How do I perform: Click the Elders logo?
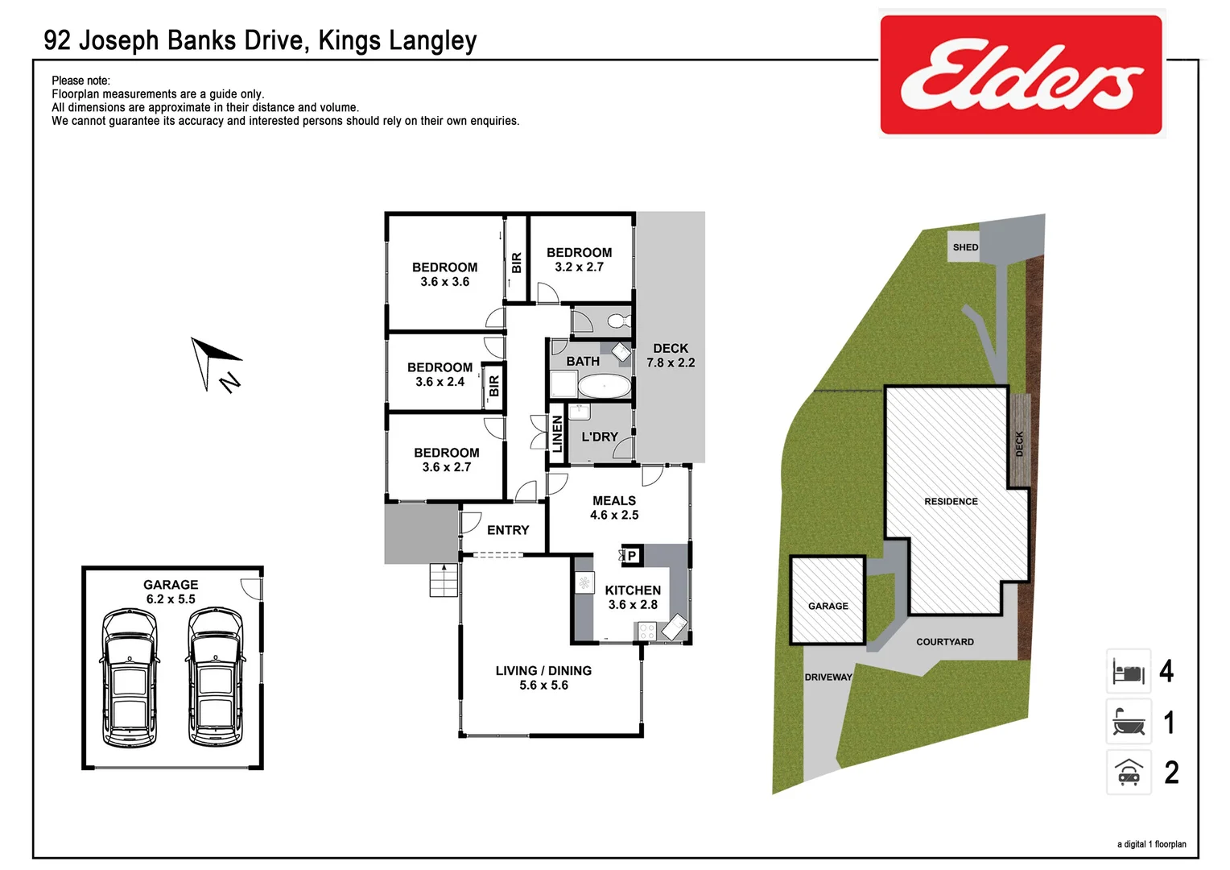coord(1021,74)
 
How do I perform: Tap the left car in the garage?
coord(130,677)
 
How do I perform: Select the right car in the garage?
coord(215,677)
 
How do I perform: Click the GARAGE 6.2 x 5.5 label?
coord(171,592)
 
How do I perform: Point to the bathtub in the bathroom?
coord(605,386)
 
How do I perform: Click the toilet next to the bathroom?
coord(618,321)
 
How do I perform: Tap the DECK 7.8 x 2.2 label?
coord(671,355)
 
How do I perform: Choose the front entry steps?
coord(444,579)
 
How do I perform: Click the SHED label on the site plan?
coord(965,247)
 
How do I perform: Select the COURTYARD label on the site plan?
coord(945,642)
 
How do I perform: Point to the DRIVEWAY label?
coord(828,677)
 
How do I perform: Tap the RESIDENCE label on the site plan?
coord(951,501)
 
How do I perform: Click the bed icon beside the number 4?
coord(1129,671)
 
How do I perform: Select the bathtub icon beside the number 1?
coord(1129,722)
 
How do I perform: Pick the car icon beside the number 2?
coord(1129,773)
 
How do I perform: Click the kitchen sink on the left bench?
coord(584,582)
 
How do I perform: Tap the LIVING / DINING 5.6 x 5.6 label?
coord(543,677)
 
